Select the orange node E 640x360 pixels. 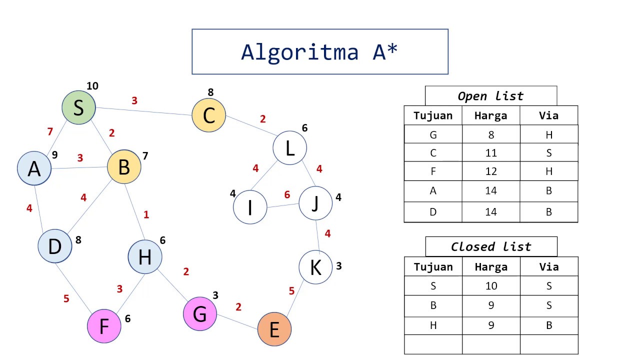click(274, 329)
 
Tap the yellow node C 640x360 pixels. click(208, 115)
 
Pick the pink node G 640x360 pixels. click(200, 314)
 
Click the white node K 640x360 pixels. click(315, 267)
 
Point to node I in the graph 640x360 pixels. click(250, 207)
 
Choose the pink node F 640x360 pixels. click(104, 326)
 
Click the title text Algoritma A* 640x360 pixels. click(319, 52)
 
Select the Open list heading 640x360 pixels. click(490, 96)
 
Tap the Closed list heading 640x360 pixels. click(491, 246)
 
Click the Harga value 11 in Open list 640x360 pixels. click(491, 153)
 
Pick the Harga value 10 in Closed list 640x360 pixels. click(491, 286)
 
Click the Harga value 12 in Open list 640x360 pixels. click(491, 171)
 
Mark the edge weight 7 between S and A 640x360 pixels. click(49, 132)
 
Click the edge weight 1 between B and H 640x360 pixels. click(146, 215)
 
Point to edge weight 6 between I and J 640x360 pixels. click(287, 195)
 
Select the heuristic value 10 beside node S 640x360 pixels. click(92, 86)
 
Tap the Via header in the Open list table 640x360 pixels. click(548, 115)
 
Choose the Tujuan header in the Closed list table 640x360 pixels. click(433, 266)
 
